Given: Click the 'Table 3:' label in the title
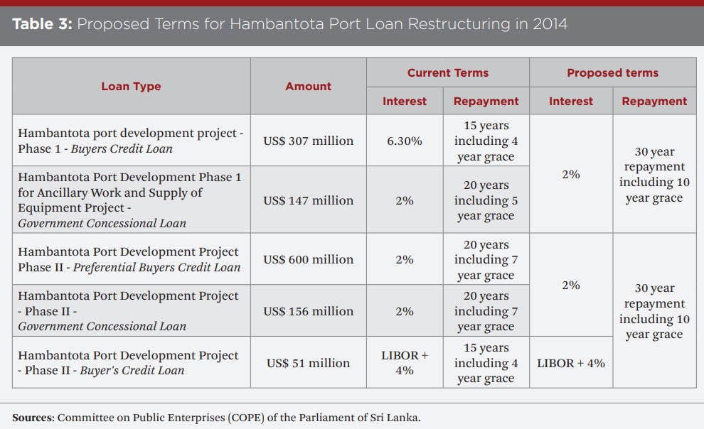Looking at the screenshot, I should click(41, 23).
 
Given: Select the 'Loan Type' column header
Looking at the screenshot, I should click(131, 86).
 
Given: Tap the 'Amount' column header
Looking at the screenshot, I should click(308, 86).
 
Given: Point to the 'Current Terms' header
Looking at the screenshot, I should click(447, 72).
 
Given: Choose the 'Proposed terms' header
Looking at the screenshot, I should click(612, 72).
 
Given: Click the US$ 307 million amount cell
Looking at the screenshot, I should click(308, 141).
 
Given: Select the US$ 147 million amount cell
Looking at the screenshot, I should click(308, 200).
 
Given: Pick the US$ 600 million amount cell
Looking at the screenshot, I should click(308, 259).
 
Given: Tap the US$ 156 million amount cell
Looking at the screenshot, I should click(308, 311).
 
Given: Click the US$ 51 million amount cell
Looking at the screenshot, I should click(308, 363).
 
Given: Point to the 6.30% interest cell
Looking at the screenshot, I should click(404, 141).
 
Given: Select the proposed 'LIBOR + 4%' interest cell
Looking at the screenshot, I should click(570, 363).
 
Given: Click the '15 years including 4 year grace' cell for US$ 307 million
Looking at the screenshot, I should click(486, 141).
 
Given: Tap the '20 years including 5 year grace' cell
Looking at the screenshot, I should click(486, 200).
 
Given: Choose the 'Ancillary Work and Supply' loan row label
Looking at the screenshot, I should click(110, 192).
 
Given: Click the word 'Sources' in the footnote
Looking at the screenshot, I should click(32, 417).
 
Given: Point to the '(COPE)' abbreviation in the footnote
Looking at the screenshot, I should click(245, 417).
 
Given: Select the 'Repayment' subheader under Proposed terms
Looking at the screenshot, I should click(654, 101).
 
